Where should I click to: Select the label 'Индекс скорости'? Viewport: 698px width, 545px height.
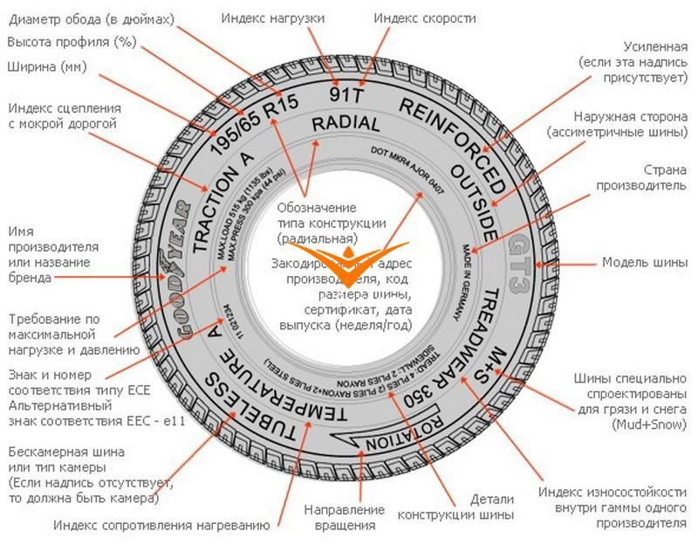[x=424, y=18]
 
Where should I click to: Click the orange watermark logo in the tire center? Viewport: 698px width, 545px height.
[x=349, y=262]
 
